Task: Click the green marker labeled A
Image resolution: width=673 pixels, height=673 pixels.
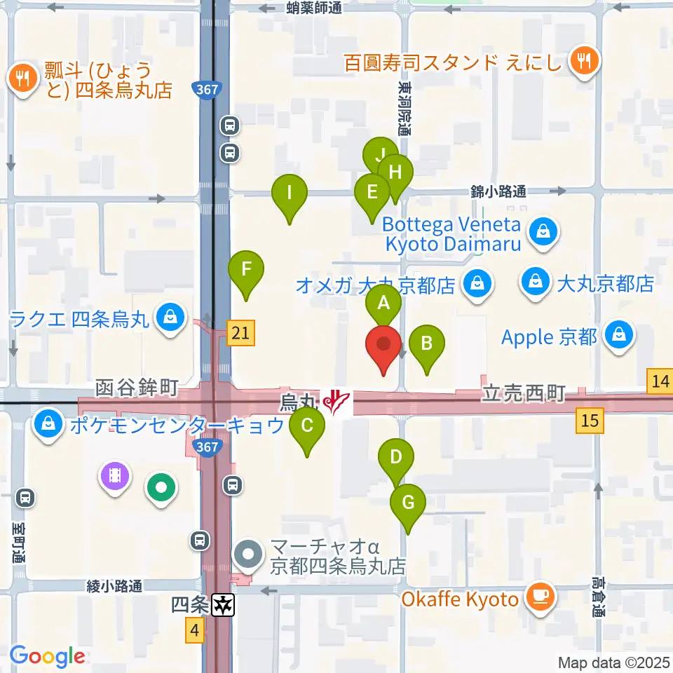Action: click(383, 304)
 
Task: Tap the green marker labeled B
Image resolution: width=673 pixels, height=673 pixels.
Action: click(426, 344)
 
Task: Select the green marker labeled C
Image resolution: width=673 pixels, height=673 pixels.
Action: click(306, 426)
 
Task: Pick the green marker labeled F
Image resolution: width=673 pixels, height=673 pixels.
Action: click(245, 268)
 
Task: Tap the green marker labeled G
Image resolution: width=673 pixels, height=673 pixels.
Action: click(408, 503)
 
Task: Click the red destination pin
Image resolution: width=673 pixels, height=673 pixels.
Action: click(383, 344)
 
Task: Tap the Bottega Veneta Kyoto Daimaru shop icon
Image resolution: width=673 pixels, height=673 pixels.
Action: click(543, 234)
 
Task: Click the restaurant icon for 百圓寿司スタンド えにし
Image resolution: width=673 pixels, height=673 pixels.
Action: click(583, 62)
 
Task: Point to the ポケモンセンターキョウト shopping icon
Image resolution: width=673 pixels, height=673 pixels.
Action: click(48, 425)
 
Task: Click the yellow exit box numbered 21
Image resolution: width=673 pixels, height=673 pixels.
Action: click(240, 333)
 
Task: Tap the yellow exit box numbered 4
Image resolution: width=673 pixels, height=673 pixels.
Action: click(195, 631)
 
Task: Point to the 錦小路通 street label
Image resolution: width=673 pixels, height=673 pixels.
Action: click(498, 191)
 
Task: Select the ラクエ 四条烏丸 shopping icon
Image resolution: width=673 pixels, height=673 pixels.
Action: click(170, 319)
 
